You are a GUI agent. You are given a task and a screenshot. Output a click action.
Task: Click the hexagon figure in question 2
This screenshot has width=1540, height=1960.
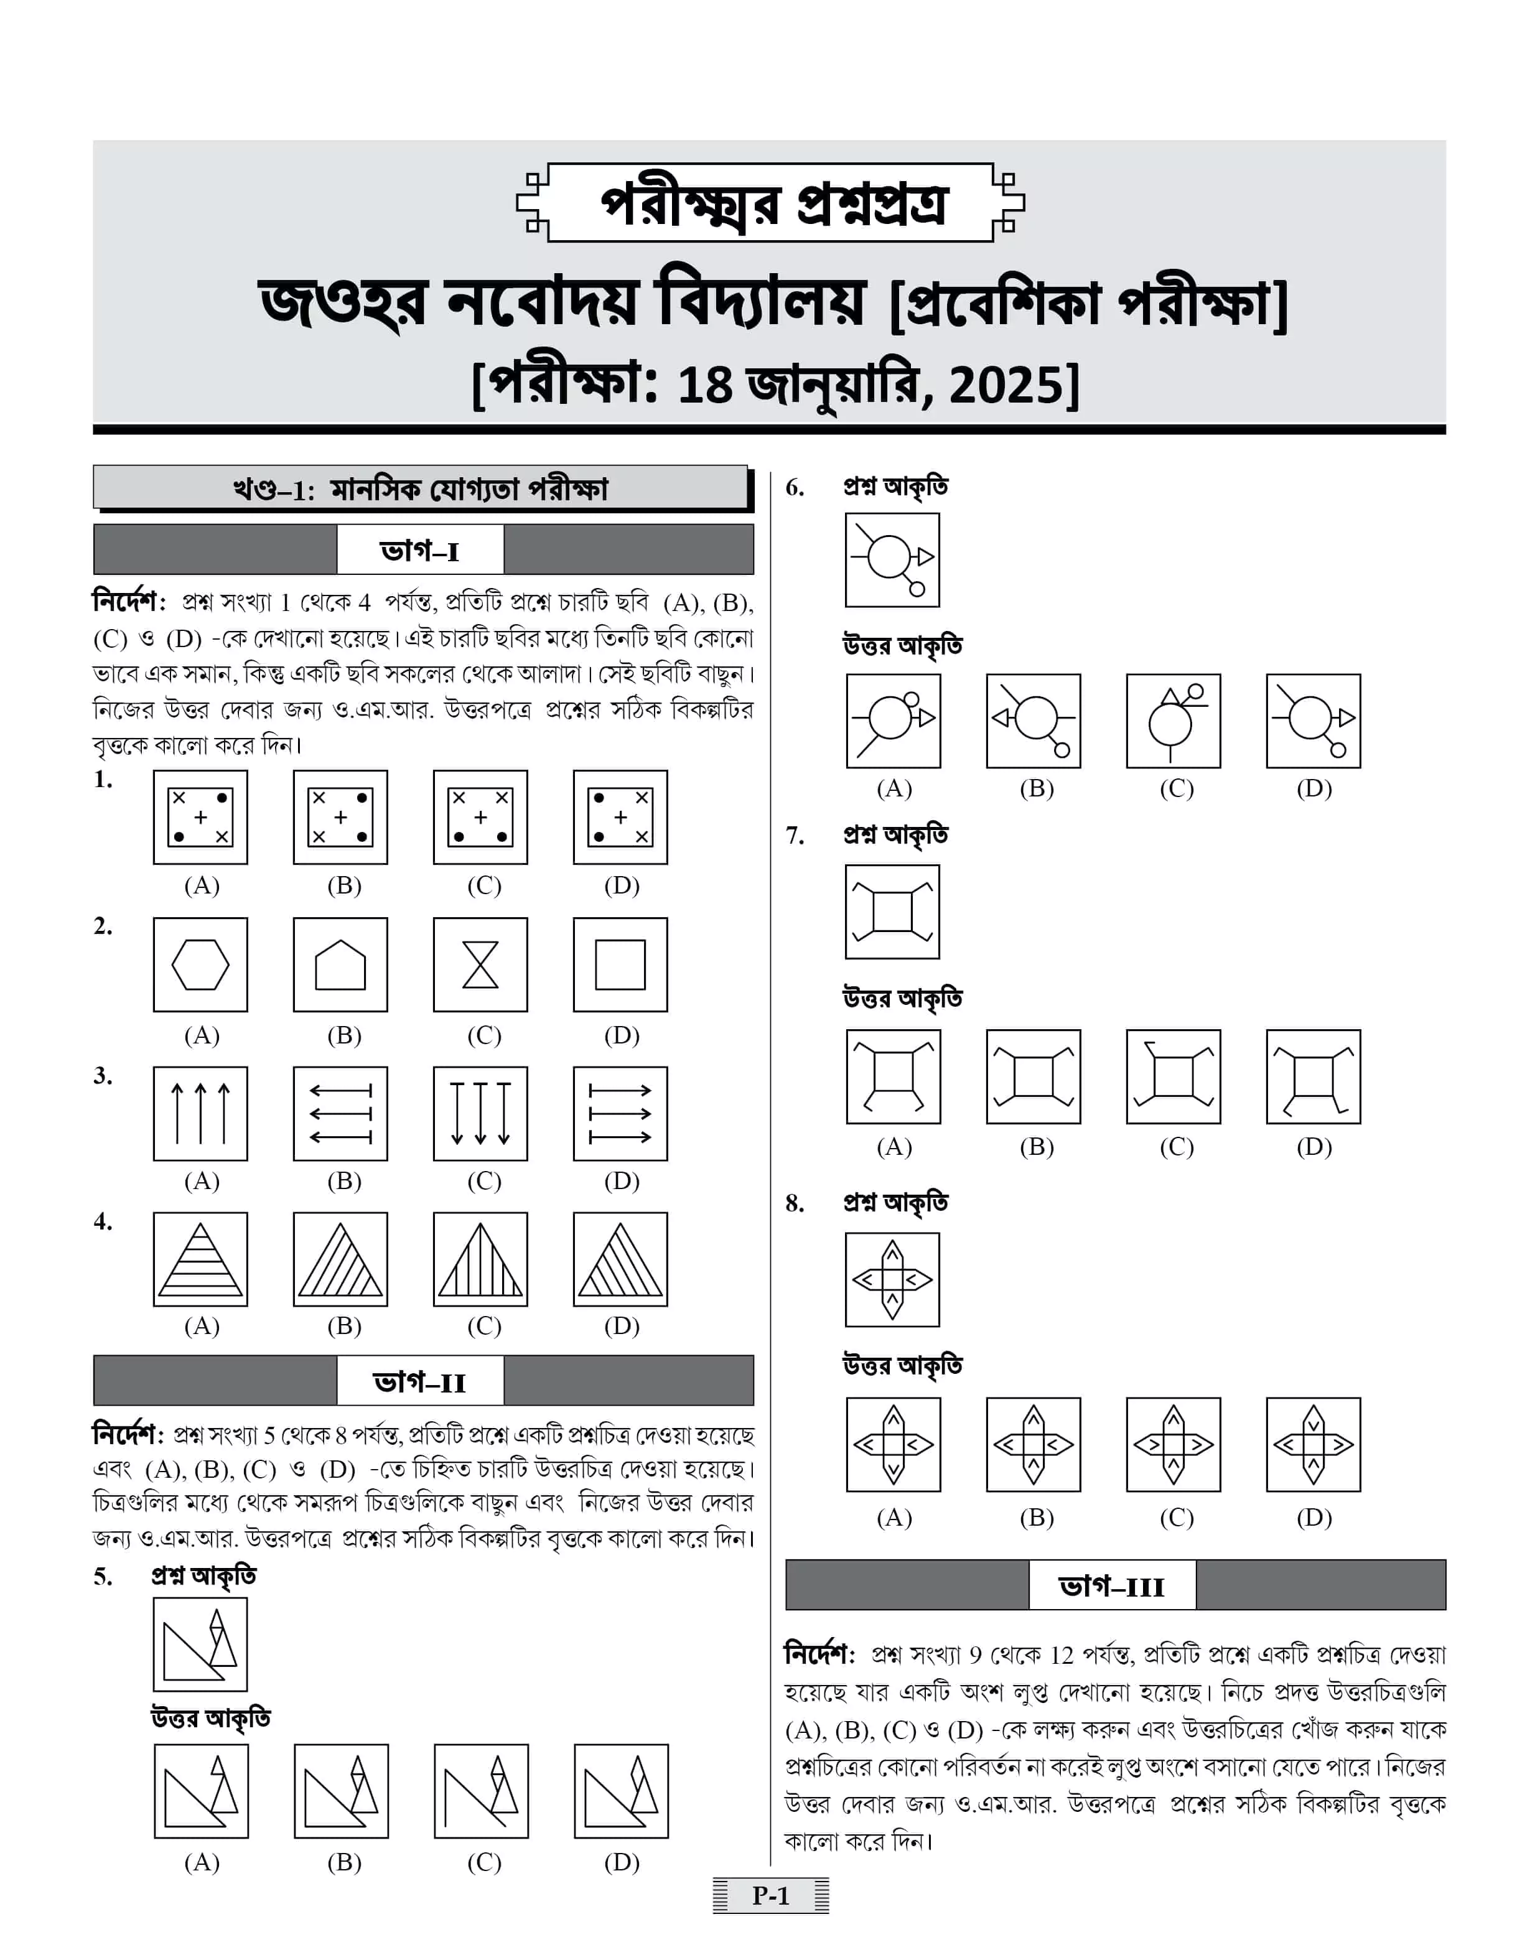[200, 964]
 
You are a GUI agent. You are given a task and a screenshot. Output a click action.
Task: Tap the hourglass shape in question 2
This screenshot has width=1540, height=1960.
[480, 964]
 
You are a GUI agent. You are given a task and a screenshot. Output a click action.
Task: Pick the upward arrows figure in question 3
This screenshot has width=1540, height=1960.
[200, 1113]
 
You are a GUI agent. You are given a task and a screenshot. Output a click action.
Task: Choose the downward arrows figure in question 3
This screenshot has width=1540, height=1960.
[480, 1113]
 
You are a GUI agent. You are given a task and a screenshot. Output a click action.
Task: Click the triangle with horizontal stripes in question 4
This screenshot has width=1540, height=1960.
[200, 1259]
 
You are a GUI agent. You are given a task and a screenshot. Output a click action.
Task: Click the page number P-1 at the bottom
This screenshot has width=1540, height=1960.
[771, 1895]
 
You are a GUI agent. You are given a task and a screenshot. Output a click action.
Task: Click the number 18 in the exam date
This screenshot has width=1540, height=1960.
[704, 385]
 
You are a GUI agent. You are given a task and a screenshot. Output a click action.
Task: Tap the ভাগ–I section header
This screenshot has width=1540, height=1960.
[420, 550]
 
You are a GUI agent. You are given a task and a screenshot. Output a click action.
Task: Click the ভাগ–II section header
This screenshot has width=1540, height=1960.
[420, 1381]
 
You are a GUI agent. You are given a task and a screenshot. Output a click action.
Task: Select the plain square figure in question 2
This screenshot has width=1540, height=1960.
[620, 964]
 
